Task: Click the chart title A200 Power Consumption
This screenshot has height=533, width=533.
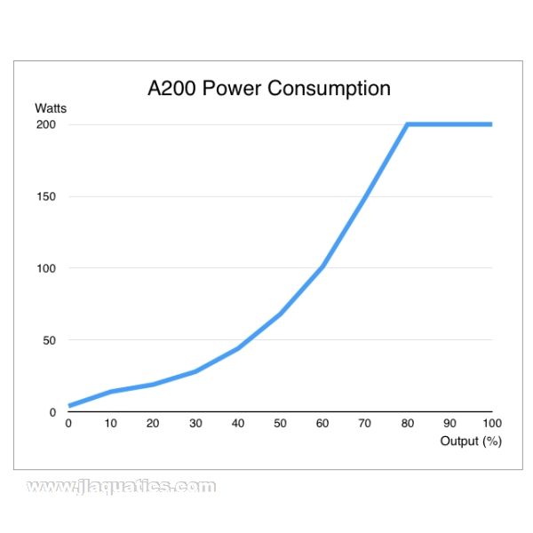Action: (268, 89)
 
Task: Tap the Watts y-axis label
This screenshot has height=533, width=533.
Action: (51, 108)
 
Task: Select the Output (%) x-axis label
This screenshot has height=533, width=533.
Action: (471, 441)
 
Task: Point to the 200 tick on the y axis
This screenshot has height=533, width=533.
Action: (46, 124)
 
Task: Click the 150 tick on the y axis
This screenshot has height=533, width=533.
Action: (46, 196)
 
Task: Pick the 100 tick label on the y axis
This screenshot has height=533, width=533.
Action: (46, 268)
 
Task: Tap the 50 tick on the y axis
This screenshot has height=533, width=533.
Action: (49, 340)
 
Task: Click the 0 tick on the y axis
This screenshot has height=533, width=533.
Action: (52, 412)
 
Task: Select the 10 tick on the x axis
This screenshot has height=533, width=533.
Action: (111, 424)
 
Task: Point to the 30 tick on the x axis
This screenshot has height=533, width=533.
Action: (195, 424)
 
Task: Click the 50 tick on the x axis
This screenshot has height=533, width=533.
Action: (280, 424)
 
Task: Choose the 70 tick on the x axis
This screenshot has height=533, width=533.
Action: (364, 424)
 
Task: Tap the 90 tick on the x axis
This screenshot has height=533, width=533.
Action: (449, 424)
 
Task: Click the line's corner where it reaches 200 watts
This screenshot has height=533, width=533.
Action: (407, 124)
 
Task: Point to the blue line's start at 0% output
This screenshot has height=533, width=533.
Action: (69, 406)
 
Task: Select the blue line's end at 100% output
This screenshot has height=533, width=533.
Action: (490, 124)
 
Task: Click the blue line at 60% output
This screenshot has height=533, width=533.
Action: (322, 266)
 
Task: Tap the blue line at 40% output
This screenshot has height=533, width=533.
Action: (238, 348)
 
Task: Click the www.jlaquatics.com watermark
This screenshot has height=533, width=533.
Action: (121, 487)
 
